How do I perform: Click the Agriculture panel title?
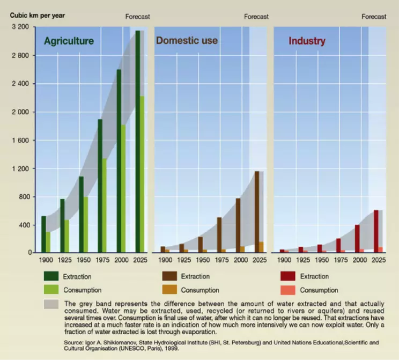click(69, 41)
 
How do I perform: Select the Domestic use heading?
click(187, 41)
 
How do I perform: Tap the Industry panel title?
click(307, 41)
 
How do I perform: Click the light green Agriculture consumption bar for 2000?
click(123, 188)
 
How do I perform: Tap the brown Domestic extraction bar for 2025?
click(256, 212)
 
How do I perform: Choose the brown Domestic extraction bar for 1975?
click(219, 234)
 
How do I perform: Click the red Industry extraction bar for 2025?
click(376, 231)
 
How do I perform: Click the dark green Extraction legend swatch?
click(51, 276)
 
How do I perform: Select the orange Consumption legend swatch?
click(169, 290)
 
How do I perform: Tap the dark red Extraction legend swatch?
click(288, 276)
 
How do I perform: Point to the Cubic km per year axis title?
click(38, 15)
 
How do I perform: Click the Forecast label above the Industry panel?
click(374, 17)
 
